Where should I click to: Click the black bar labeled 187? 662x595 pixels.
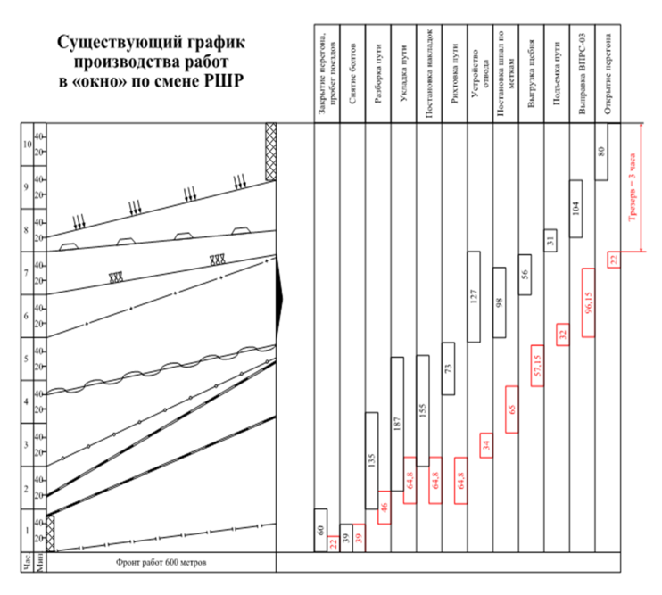click(397, 424)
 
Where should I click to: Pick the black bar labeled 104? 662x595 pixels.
click(575, 208)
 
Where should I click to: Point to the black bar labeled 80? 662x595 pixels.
click(600, 151)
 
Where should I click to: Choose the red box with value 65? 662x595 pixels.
click(512, 409)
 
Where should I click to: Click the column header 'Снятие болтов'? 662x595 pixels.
click(353, 72)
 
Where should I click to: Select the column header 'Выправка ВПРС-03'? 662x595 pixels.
click(581, 72)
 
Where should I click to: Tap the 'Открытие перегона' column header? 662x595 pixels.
click(607, 72)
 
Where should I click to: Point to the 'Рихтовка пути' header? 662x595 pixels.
click(455, 72)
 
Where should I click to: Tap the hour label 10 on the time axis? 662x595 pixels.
click(25, 145)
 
